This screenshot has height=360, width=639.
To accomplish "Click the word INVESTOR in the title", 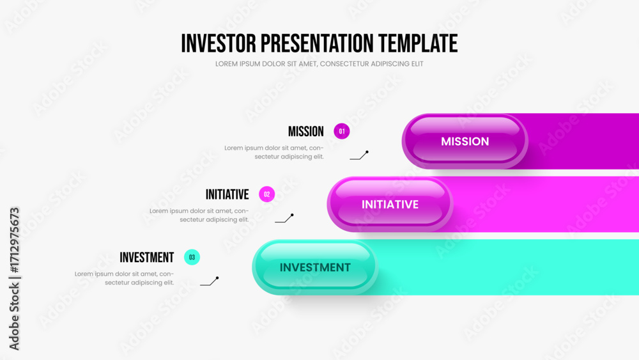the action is (219, 43).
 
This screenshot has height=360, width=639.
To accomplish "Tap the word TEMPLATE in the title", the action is (418, 43).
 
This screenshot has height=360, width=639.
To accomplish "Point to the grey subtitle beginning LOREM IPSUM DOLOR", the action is (319, 64).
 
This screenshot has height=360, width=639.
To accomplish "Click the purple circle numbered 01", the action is (341, 131).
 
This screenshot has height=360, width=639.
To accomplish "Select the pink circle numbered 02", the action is (267, 194).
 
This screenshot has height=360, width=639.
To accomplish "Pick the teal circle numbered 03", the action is (192, 257).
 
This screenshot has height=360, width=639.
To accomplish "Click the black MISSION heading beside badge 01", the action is (305, 132).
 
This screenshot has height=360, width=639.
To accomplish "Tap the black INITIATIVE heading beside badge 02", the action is (227, 194).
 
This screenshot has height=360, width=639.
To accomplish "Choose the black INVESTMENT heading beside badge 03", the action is (147, 258).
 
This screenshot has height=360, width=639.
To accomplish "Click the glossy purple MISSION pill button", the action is (465, 141).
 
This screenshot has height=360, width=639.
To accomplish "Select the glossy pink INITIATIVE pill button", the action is (390, 204).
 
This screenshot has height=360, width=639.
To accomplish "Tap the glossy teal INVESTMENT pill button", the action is (315, 267).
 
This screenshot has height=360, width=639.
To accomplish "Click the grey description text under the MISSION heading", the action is (274, 152).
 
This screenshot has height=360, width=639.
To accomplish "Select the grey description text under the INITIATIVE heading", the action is (199, 215).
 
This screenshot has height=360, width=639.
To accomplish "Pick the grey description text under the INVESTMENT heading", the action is (124, 278).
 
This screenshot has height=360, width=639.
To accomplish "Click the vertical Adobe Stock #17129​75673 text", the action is (14, 279).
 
